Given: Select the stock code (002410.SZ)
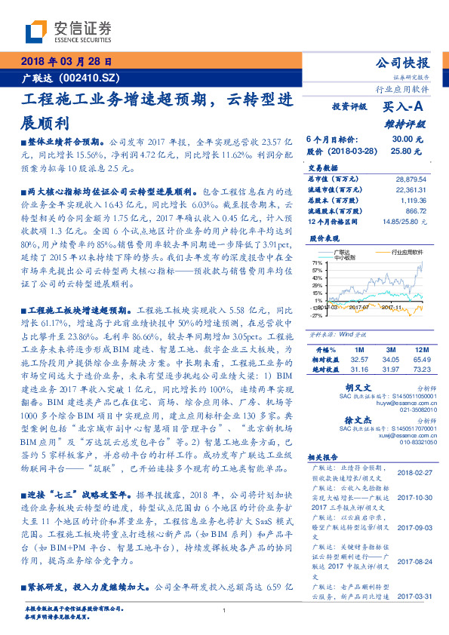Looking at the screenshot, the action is (90, 78).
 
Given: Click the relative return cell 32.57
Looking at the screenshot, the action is (358, 360).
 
